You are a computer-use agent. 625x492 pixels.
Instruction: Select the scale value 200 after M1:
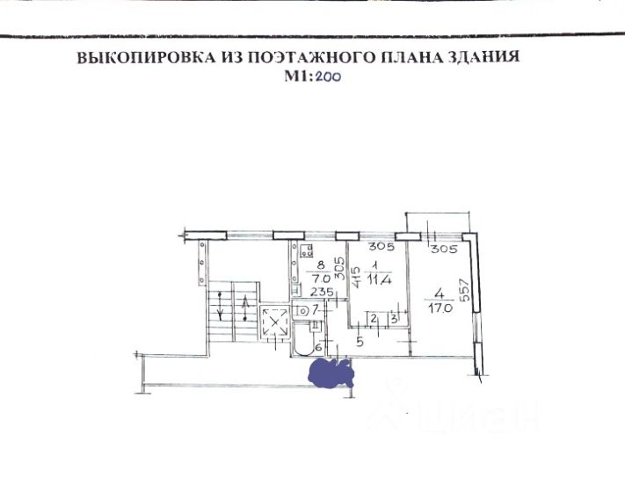point(328,76)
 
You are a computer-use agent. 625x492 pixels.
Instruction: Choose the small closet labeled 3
point(394,318)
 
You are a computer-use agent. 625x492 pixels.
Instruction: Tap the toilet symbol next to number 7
point(302,310)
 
